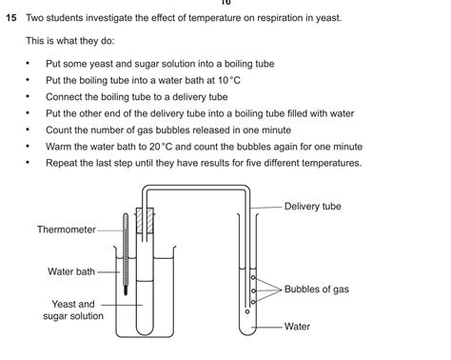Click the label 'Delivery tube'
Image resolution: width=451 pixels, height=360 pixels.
[312, 206]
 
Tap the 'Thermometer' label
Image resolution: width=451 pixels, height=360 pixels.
[67, 230]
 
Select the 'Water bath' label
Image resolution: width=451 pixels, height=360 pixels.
[71, 271]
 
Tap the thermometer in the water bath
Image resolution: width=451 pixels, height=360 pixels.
[125, 252]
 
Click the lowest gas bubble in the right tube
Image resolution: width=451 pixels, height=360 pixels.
[247, 310]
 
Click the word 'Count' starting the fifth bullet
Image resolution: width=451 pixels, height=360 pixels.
[60, 130]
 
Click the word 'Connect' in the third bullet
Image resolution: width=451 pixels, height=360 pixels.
[66, 96]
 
